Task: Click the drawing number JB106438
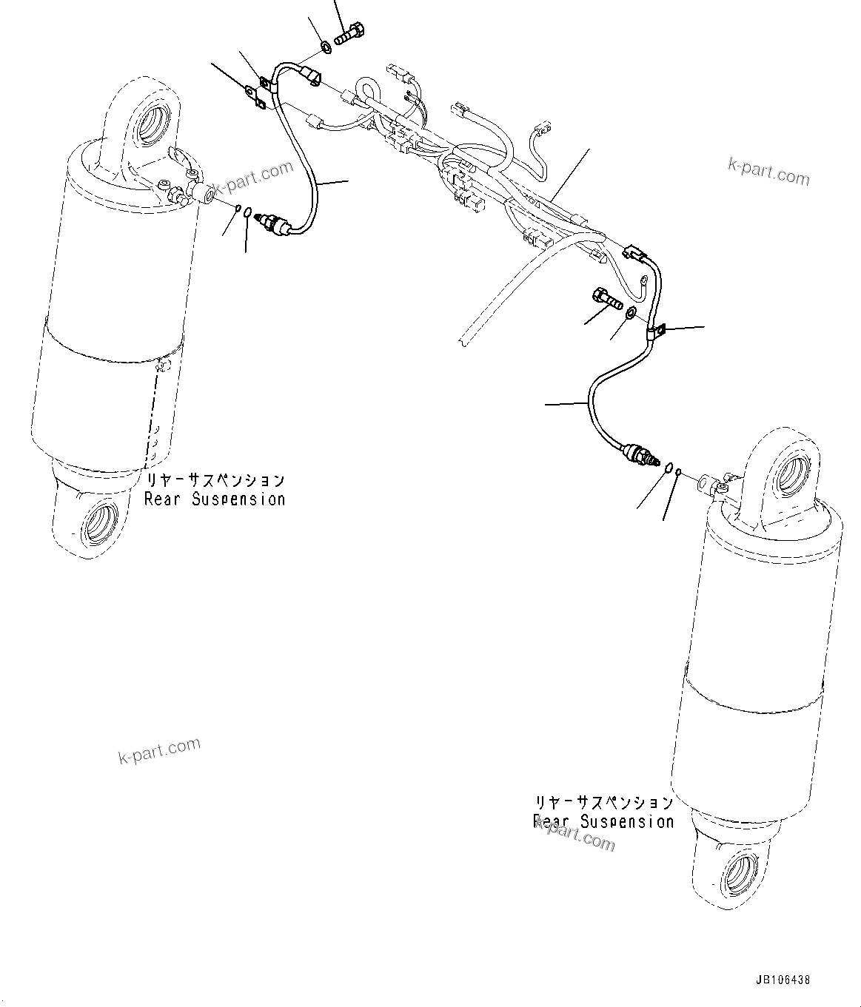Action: pos(783,979)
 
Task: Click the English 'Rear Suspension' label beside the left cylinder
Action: pos(215,499)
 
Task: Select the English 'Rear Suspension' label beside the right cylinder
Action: pos(603,821)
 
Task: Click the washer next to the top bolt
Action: pos(325,48)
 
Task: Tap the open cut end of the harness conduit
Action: pos(461,338)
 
